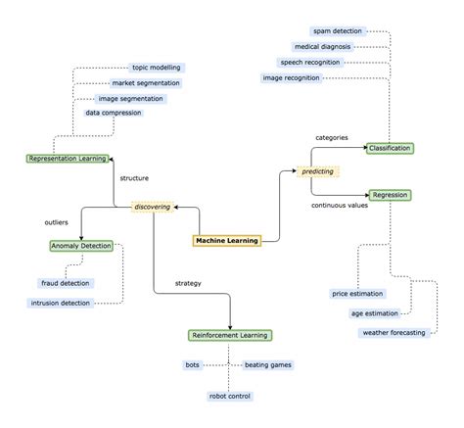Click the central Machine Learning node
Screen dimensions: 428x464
point(226,239)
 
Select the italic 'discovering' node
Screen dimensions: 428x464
point(152,207)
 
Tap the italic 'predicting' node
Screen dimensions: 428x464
point(317,170)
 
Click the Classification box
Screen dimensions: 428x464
point(390,148)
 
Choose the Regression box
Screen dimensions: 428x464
point(390,195)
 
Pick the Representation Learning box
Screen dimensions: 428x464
point(67,158)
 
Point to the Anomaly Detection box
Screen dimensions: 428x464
point(81,245)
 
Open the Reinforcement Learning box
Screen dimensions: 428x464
point(229,335)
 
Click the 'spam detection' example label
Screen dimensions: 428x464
point(339,31)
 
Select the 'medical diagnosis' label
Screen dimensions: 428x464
point(322,46)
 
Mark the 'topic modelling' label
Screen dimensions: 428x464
point(158,68)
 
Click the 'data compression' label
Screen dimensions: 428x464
point(114,113)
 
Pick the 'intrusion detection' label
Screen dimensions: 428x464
point(61,304)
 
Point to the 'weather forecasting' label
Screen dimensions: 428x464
point(394,333)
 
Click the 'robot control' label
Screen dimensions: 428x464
point(230,396)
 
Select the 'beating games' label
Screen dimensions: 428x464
point(267,364)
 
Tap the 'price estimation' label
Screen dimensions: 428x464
point(358,293)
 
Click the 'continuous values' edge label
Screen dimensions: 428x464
point(340,206)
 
